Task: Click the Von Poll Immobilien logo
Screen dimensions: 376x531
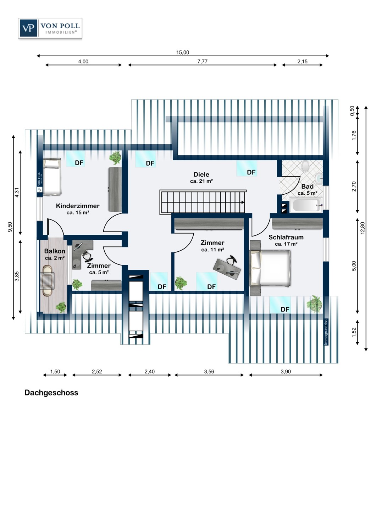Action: point(50,28)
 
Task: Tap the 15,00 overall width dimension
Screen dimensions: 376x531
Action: point(182,52)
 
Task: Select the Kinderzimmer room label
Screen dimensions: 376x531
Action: point(78,206)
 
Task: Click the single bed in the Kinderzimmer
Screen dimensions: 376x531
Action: point(52,176)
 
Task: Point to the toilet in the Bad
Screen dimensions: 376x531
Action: point(305,166)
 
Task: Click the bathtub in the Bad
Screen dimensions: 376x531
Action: point(305,205)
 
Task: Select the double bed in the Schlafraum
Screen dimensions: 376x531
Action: point(270,268)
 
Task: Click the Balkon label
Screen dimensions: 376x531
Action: point(55,251)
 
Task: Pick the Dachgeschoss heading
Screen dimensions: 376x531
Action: point(51,393)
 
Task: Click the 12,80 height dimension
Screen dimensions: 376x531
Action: point(362,228)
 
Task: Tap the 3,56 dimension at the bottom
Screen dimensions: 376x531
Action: point(209,371)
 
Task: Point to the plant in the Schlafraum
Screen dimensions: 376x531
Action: point(314,304)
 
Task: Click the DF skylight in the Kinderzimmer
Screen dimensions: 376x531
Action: point(76,159)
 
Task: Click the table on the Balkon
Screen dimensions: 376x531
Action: point(48,281)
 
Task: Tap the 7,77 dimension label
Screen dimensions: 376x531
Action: point(203,61)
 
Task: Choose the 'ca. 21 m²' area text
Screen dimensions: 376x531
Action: point(201,181)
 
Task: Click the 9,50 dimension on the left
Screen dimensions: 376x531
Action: point(10,227)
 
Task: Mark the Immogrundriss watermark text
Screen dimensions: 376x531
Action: point(326,332)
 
